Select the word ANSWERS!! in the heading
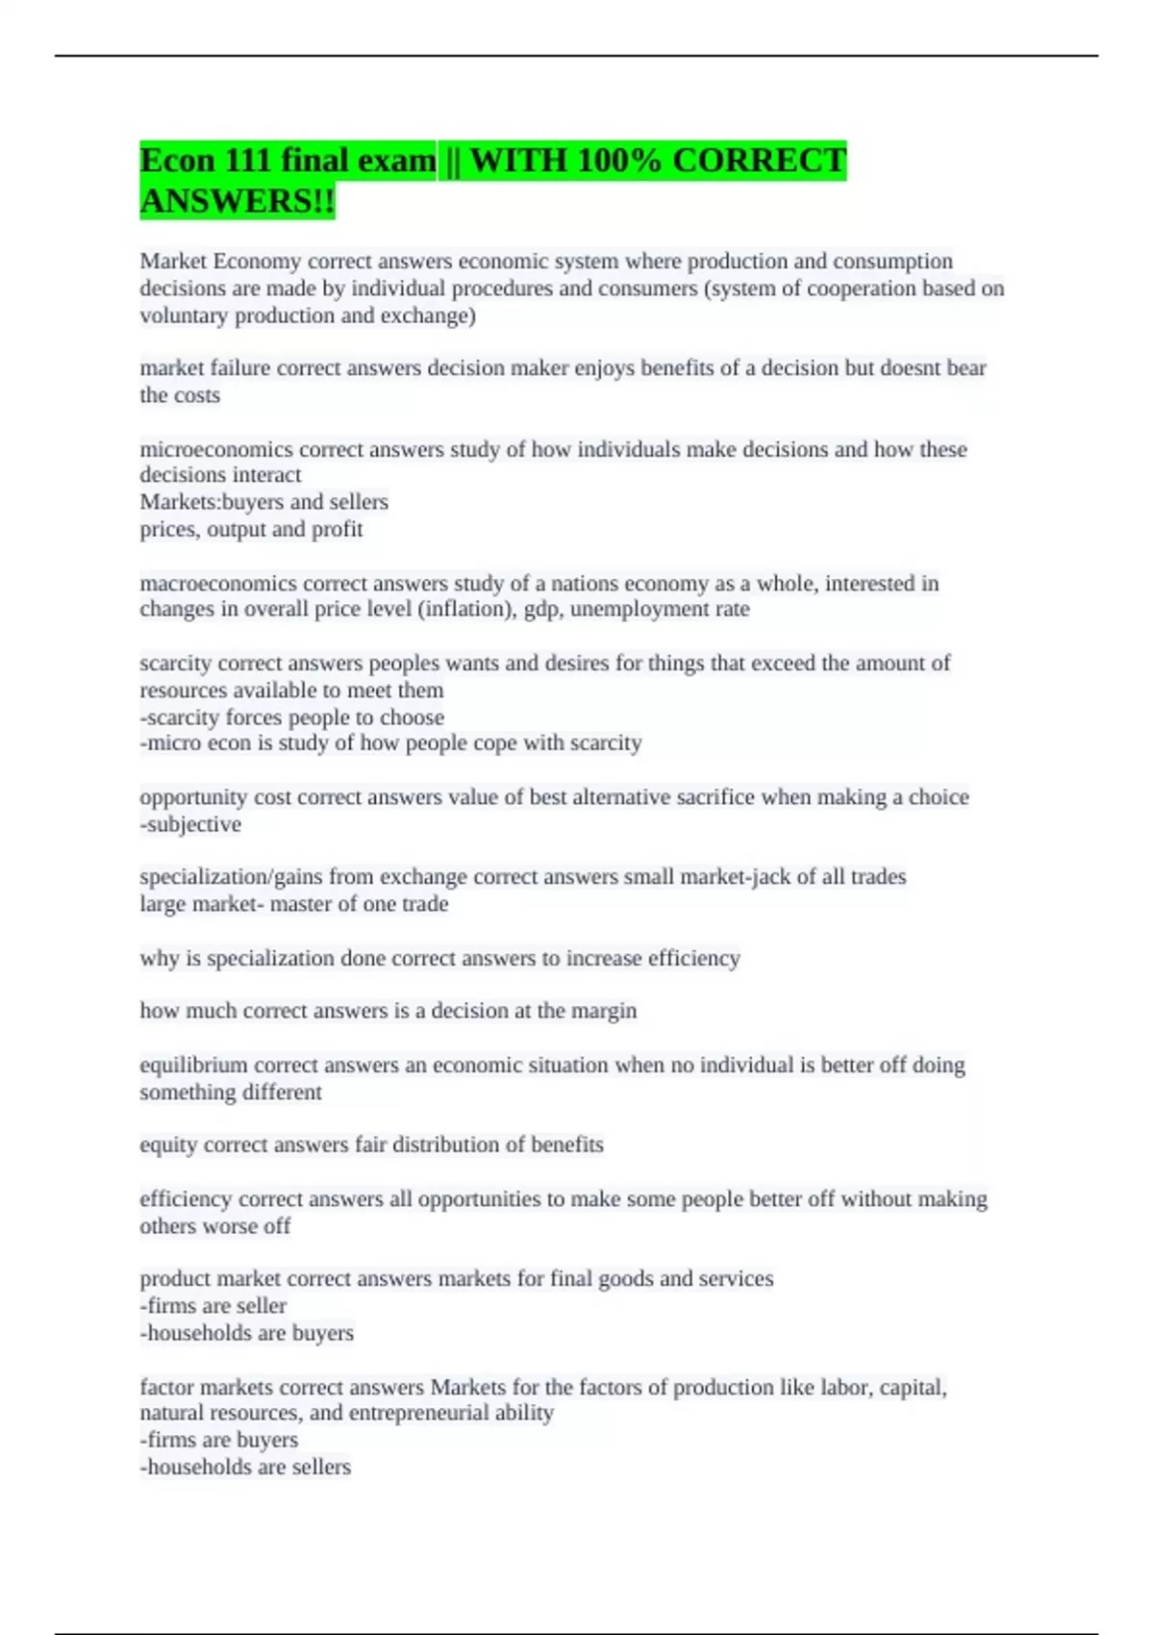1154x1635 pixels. pos(238,201)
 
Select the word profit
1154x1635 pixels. pos(337,529)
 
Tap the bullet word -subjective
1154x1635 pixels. pos(190,824)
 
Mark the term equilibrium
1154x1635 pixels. pos(193,1065)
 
